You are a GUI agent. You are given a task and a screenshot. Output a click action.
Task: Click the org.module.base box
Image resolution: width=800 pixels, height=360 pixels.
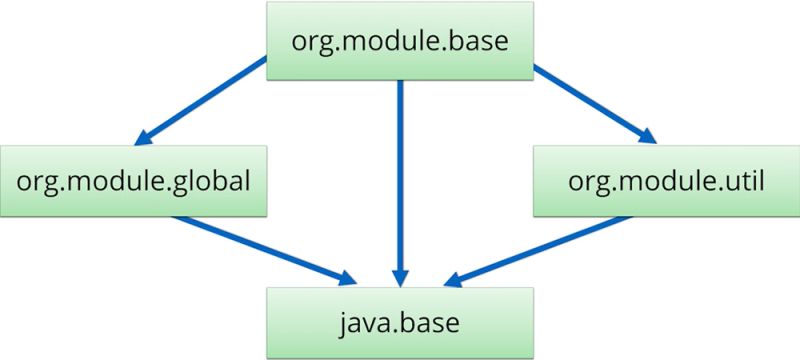coord(399,43)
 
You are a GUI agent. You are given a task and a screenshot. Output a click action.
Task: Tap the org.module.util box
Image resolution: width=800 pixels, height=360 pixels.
coord(666,181)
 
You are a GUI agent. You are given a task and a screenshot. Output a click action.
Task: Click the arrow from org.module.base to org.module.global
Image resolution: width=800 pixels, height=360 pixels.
coord(205,100)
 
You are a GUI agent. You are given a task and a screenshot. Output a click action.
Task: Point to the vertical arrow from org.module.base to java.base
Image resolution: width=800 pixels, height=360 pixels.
coord(400,180)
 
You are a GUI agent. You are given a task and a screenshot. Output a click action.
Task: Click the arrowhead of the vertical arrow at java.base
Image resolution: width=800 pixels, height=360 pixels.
coord(400,275)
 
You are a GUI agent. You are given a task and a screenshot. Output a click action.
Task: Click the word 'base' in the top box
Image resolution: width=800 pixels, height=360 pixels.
coord(481,43)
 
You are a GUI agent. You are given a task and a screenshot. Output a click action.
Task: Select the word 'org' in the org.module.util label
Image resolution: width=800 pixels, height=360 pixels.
coord(586,183)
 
